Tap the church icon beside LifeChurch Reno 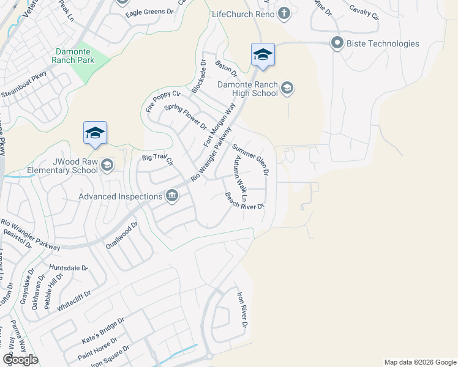point(283,13)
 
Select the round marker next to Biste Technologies point(337,43)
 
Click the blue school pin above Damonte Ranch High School point(263,55)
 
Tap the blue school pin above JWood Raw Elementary point(95,133)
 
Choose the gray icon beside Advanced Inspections point(172,196)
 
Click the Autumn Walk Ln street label point(239,179)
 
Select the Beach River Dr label point(244,201)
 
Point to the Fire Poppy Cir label point(163,102)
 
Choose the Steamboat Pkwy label point(24,92)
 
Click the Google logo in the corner point(20,359)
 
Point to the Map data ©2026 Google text point(419,362)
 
